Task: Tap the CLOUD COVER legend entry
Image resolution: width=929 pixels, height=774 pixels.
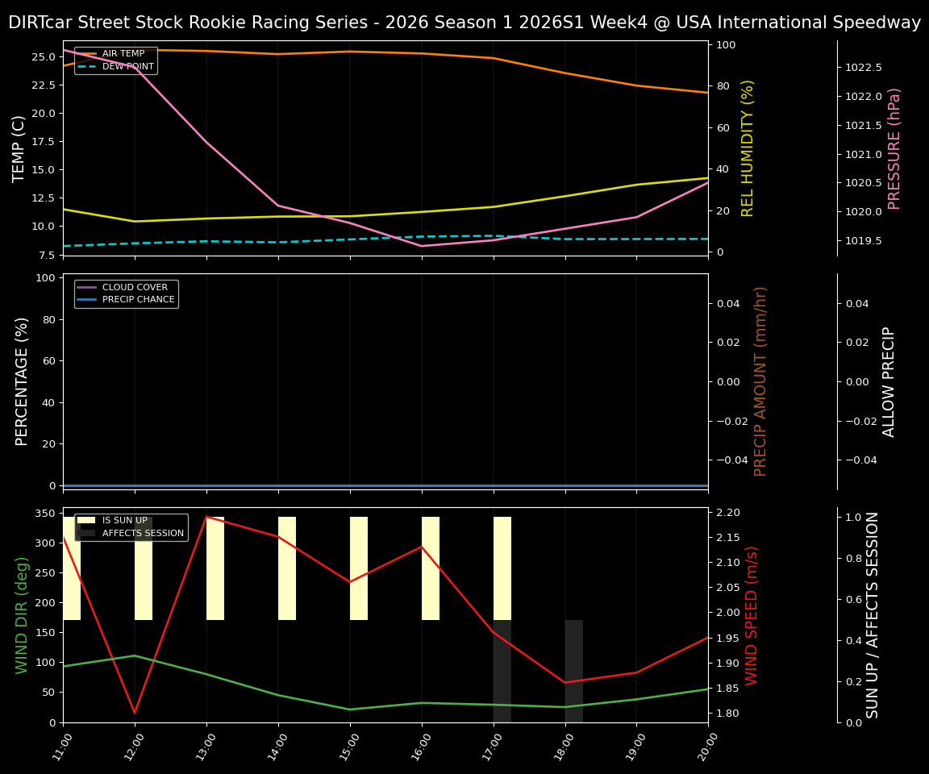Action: pos(135,288)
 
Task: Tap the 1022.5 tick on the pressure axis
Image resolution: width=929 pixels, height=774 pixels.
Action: pos(863,68)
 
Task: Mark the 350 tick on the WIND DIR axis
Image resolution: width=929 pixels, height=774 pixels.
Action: pos(45,514)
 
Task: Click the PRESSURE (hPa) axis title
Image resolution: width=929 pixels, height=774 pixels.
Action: pos(894,148)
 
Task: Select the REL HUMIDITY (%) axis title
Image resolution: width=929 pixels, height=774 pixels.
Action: pos(748,148)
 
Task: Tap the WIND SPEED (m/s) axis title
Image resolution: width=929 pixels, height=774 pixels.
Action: pos(752,615)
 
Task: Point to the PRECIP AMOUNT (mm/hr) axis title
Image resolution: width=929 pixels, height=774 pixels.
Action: pos(760,381)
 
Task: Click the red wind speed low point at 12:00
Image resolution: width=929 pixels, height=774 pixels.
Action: pos(135,712)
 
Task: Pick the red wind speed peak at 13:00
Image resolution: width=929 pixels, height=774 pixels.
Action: pos(206,517)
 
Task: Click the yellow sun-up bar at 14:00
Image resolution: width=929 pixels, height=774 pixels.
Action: pos(287,568)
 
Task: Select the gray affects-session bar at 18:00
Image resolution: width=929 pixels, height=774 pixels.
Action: pos(573,671)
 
